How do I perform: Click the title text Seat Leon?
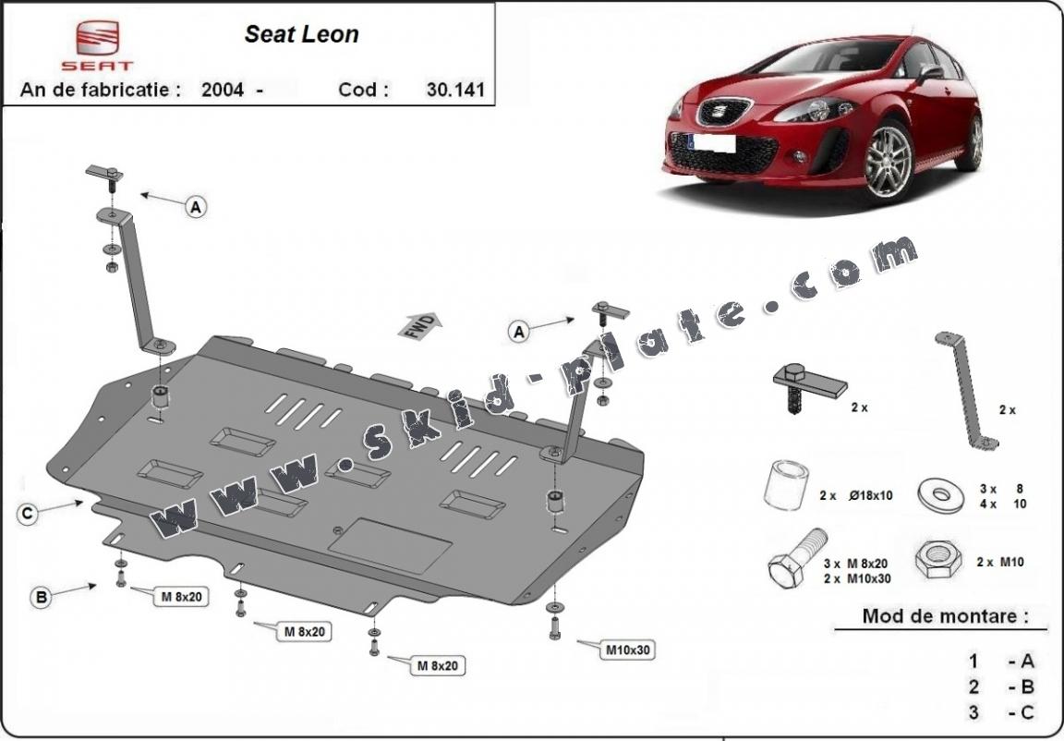tap(301, 35)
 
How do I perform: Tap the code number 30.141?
tap(455, 90)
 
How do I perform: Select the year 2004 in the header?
tap(222, 90)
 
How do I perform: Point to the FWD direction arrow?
tap(420, 325)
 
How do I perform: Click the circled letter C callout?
tap(29, 515)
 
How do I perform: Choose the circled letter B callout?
tap(41, 598)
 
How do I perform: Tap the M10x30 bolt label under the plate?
tap(628, 650)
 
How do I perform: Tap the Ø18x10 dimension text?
tap(868, 496)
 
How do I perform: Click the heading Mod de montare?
tap(944, 615)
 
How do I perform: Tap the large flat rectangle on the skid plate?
tap(391, 548)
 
